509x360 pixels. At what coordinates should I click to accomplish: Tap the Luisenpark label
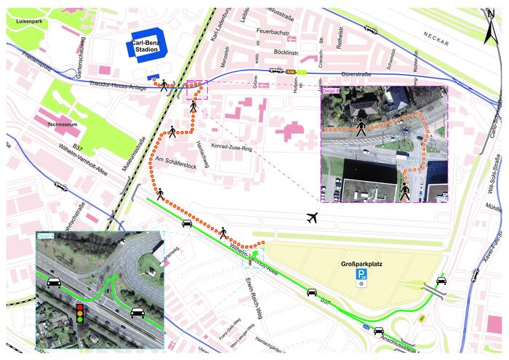(25, 21)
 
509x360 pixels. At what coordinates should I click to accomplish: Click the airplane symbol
(313, 217)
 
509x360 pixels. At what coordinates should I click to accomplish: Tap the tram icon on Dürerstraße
(275, 70)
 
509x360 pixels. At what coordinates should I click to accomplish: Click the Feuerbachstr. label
(274, 32)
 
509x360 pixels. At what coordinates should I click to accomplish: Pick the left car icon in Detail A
(52, 282)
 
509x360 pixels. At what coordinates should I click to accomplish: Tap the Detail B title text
(330, 89)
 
